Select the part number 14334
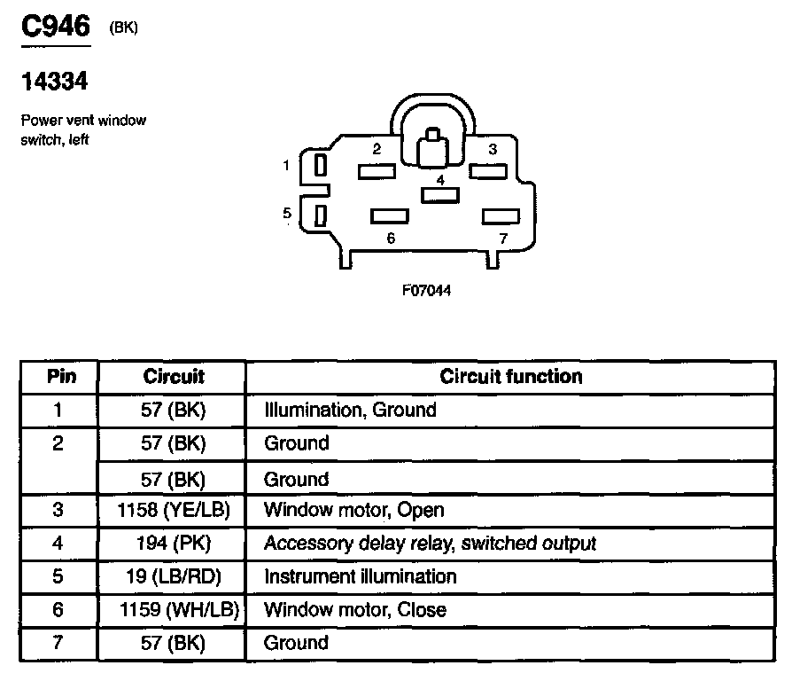(x=54, y=82)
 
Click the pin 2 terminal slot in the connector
(x=376, y=171)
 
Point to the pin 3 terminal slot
(x=487, y=171)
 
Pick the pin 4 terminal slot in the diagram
(x=439, y=194)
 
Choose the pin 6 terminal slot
(x=390, y=215)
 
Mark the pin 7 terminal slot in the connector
(x=501, y=215)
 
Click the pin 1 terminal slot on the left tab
(x=321, y=164)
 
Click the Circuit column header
(x=174, y=376)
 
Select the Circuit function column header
(x=511, y=376)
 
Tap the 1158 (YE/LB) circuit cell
(x=174, y=510)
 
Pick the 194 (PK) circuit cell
(x=174, y=543)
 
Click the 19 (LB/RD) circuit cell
(x=174, y=576)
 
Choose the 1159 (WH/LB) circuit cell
(x=174, y=610)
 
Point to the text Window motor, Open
(x=354, y=510)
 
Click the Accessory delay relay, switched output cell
(x=430, y=543)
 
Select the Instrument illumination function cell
(x=361, y=576)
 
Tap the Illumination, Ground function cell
(x=351, y=410)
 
